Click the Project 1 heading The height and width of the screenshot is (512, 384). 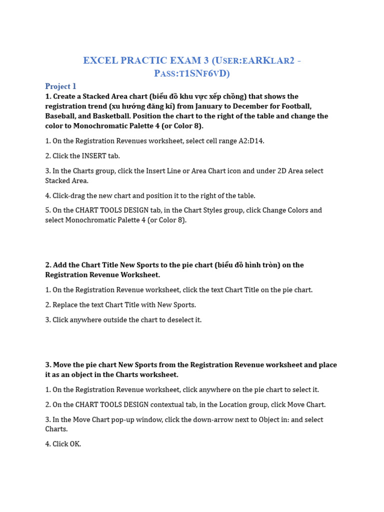pyautogui.click(x=60, y=86)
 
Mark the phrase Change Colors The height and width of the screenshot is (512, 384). pyautogui.click(x=287, y=210)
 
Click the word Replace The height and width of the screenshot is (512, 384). pyautogui.click(x=66, y=304)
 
